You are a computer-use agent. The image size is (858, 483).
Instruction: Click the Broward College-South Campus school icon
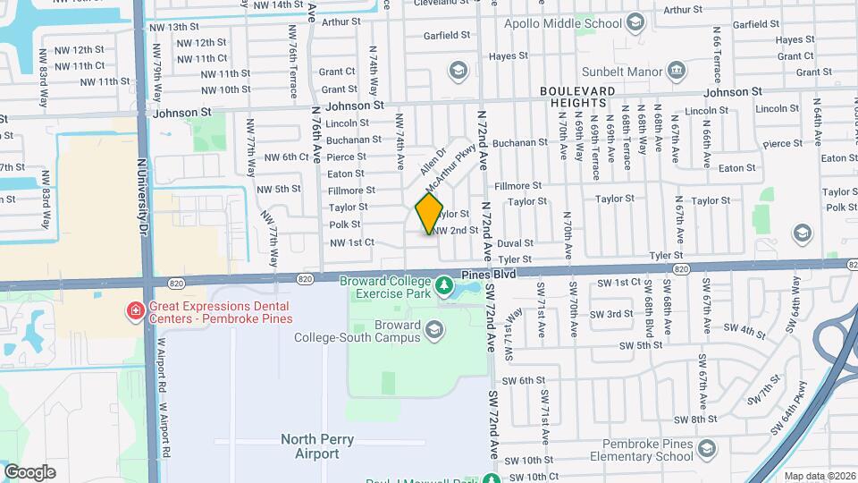pos(434,331)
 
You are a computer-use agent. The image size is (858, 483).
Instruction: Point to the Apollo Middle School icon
pos(635,21)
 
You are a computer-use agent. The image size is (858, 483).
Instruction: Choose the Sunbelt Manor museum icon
pos(675,69)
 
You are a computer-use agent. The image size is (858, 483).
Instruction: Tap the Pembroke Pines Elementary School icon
pos(707,447)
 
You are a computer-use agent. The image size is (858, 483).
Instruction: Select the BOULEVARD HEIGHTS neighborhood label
pos(576,98)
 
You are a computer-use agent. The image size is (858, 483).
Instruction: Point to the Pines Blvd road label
pos(488,275)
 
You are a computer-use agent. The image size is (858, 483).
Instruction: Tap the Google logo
pos(29,471)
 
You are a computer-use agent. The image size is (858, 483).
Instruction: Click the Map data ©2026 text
pos(816,476)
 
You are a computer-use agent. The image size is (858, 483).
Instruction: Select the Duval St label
pos(516,242)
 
